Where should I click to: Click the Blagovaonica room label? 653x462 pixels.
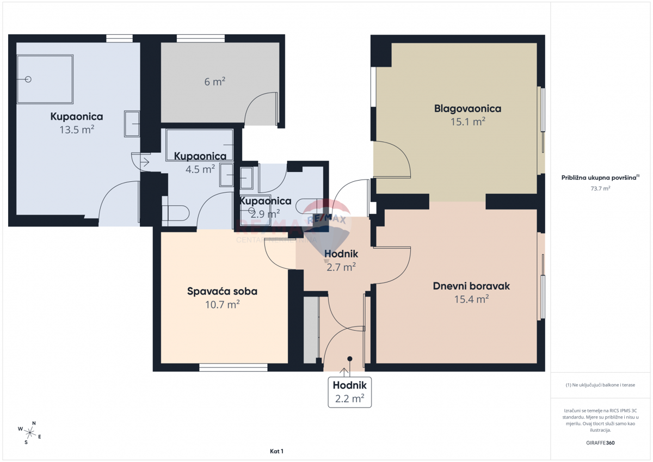[x=467, y=108]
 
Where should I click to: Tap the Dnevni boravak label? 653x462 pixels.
[x=471, y=286]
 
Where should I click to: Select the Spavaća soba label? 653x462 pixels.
[x=222, y=291]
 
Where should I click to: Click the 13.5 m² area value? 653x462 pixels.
[x=77, y=130]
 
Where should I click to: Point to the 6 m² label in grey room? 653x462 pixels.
[x=214, y=82]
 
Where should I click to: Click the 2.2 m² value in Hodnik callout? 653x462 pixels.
[x=349, y=398]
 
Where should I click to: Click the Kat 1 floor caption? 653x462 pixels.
[x=277, y=451]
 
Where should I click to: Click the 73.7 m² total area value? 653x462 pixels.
[x=600, y=188]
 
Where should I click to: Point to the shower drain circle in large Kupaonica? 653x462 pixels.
[x=28, y=79]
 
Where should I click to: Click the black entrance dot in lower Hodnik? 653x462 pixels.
[x=350, y=359]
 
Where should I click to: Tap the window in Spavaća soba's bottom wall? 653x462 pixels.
[x=233, y=368]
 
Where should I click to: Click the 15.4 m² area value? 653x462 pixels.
[x=471, y=299]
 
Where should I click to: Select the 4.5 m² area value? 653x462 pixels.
[x=200, y=169]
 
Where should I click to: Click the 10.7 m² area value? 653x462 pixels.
[x=222, y=304]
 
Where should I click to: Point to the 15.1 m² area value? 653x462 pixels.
[x=467, y=122]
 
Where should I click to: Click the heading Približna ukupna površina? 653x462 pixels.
[x=600, y=177]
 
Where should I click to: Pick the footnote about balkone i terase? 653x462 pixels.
[x=600, y=385]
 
